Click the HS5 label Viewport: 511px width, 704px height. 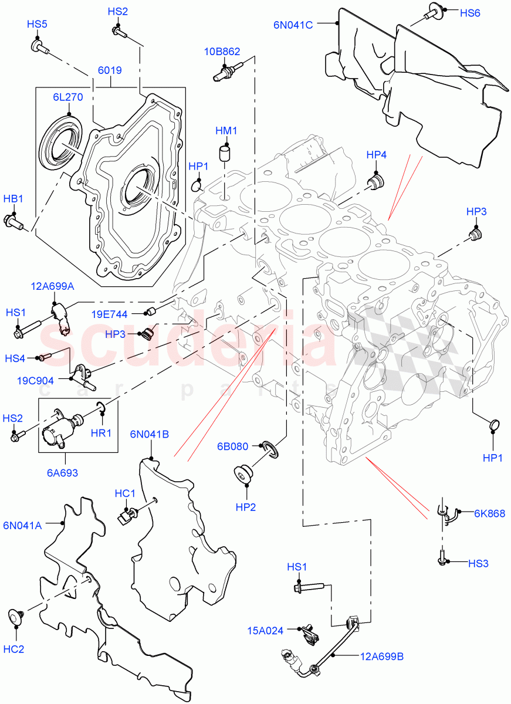[x=37, y=24]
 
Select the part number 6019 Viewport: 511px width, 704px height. [x=110, y=70]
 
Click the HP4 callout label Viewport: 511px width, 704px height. [x=376, y=155]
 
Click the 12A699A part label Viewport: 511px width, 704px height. [x=52, y=286]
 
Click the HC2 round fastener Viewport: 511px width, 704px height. [x=16, y=616]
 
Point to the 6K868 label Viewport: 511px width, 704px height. [x=489, y=513]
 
